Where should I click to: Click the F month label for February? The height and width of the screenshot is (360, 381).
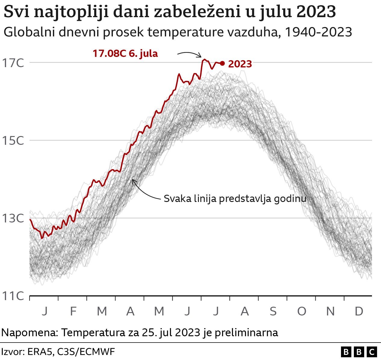(x=73, y=311)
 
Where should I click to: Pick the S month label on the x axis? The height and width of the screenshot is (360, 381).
(x=273, y=311)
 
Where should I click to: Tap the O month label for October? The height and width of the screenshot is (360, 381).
(x=302, y=311)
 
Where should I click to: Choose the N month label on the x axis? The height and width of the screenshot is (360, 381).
(x=330, y=311)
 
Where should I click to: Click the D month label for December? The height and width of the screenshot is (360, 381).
(x=359, y=311)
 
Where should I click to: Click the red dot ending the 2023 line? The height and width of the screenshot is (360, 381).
(x=222, y=63)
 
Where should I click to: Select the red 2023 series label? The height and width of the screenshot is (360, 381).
(x=240, y=64)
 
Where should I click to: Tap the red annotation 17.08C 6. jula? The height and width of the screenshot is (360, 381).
(x=125, y=54)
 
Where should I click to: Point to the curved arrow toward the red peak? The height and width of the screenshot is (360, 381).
(x=190, y=54)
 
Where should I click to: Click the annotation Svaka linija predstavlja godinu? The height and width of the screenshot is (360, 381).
(x=235, y=199)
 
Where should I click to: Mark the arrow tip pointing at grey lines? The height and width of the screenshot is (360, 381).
(x=133, y=180)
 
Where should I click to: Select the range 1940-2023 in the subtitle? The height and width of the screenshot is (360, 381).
(x=318, y=32)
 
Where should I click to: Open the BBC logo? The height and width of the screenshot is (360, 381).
(x=359, y=352)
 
